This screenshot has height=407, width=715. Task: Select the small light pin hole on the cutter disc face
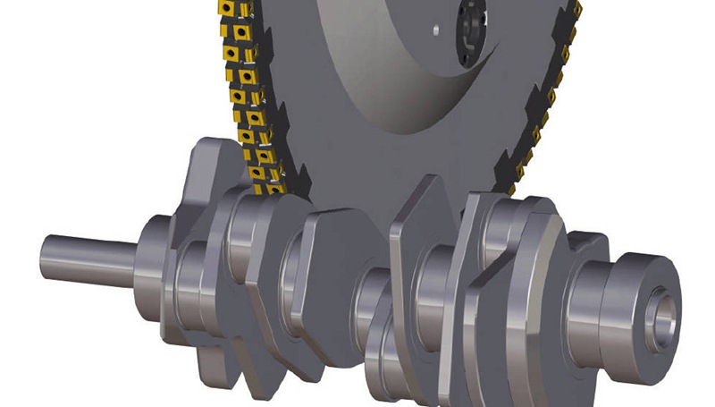point(435,30)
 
